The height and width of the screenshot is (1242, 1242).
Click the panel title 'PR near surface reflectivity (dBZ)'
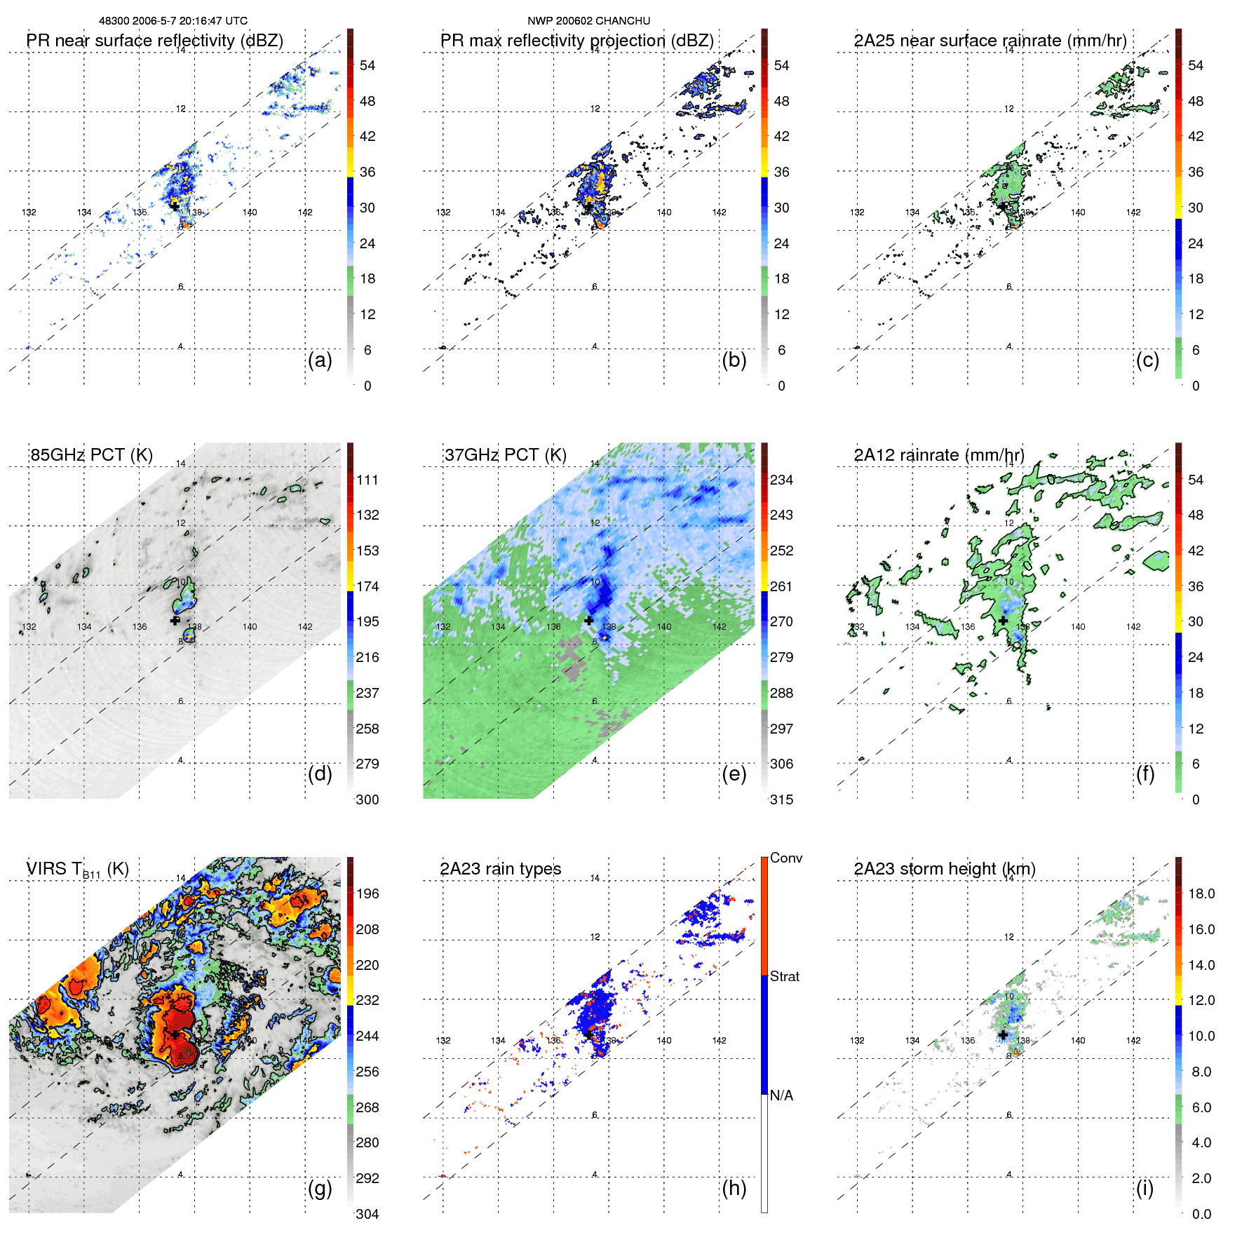tap(154, 41)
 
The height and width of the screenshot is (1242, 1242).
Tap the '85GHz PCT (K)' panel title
tap(91, 455)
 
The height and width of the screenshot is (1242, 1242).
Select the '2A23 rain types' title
tap(500, 869)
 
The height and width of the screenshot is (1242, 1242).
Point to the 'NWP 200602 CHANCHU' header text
tap(588, 21)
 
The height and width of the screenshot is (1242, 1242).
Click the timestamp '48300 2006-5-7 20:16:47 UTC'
tap(173, 21)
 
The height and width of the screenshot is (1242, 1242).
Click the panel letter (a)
tap(320, 360)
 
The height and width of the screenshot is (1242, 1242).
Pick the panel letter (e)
tap(734, 774)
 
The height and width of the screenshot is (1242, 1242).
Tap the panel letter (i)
tap(1145, 1188)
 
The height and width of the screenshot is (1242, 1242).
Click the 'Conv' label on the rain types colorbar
tap(785, 858)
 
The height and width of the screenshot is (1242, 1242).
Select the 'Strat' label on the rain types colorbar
tap(784, 976)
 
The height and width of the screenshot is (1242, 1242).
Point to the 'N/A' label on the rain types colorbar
tap(781, 1095)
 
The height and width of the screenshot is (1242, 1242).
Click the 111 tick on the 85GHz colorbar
tap(367, 480)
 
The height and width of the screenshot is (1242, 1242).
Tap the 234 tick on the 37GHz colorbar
tap(781, 480)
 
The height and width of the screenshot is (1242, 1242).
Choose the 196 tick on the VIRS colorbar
tap(367, 894)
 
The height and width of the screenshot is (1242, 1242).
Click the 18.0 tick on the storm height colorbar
tap(1201, 894)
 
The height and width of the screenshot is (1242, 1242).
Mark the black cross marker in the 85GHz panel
tap(175, 620)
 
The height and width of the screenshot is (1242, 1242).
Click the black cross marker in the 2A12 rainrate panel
tap(1004, 621)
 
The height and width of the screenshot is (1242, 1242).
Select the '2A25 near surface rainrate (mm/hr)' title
tap(990, 41)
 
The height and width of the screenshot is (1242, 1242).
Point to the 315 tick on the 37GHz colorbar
tap(781, 799)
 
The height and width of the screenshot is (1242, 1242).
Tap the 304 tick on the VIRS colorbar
tap(367, 1214)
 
